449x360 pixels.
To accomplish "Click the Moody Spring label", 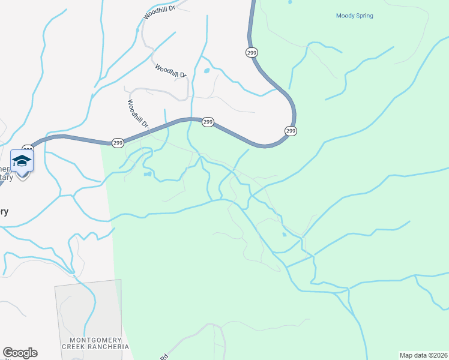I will click(x=354, y=16).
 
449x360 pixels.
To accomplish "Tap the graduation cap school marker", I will click(x=22, y=161).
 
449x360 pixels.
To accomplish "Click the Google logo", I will click(x=20, y=353).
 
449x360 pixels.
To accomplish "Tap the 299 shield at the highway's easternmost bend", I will click(x=291, y=131).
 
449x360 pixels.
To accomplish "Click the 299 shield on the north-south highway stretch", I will click(x=251, y=53).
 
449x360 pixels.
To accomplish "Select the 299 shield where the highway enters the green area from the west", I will click(x=118, y=143).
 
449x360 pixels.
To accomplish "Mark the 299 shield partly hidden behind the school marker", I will click(x=28, y=148).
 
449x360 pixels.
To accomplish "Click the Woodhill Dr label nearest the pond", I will click(x=171, y=71).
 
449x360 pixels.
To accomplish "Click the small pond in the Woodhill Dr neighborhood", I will click(x=206, y=71).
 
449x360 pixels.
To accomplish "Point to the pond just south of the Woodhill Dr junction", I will click(x=148, y=175).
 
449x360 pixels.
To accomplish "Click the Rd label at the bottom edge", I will click(x=163, y=357).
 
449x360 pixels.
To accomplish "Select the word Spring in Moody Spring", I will click(x=364, y=16).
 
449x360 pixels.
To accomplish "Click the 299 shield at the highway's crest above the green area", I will click(x=207, y=122).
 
